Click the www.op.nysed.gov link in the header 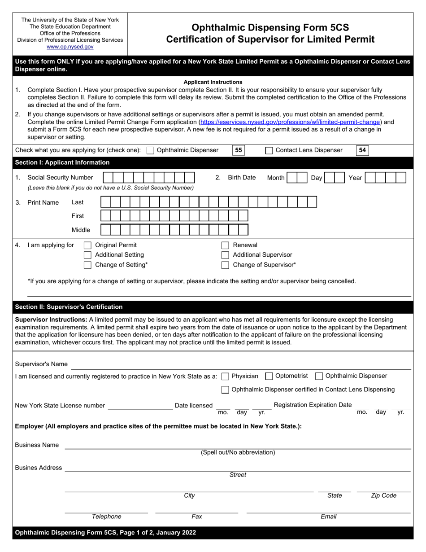pos(70,46)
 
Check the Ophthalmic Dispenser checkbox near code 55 pos(151,151)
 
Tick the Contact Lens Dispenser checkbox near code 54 pos(269,151)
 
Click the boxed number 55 pos(239,150)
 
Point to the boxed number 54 pos(362,150)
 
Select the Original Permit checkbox pos(88,245)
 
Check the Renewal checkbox pos(226,245)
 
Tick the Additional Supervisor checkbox pos(226,255)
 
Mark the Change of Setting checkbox pos(88,265)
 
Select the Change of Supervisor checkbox pos(226,265)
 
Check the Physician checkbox pos(226,376)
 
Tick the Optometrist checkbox pos(269,376)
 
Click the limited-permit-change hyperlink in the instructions pos(290,122)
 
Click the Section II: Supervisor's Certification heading pos(69,307)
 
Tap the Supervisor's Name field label pos(41,364)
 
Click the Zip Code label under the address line pos(383,495)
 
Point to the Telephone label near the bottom pos(106,517)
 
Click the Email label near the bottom pos(328,517)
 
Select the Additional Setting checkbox pos(88,255)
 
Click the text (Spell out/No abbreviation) pos(238,452)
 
